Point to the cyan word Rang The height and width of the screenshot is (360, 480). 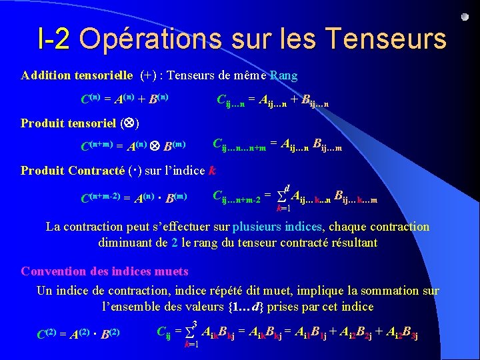click(284, 75)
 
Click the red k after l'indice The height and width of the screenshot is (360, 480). click(212, 170)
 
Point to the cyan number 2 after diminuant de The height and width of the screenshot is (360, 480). click(175, 243)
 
